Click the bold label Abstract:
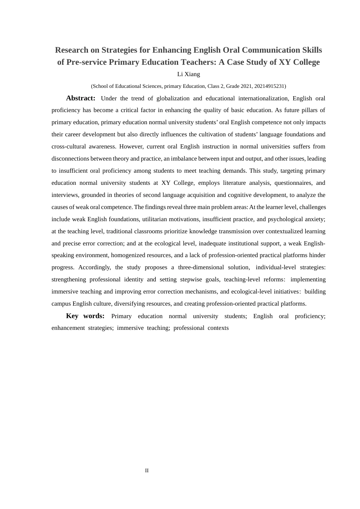(81, 98)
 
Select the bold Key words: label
(85, 316)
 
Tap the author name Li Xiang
(189, 74)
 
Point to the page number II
(147, 470)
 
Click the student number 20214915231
(270, 86)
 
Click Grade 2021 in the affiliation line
(236, 86)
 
